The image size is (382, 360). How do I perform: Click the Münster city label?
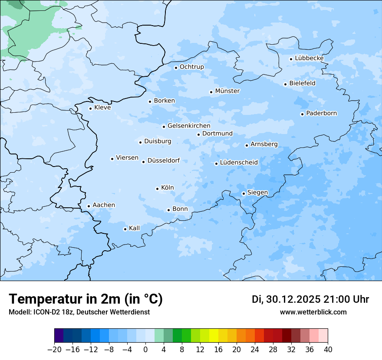(x=227, y=91)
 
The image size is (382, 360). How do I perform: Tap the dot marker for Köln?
(x=157, y=189)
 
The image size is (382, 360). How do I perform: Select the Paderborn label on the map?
(x=321, y=114)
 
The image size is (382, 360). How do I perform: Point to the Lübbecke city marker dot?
(x=291, y=59)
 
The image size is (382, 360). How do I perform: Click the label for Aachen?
(x=104, y=205)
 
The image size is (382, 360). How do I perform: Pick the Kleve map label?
(x=102, y=108)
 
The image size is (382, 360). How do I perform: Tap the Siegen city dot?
(x=244, y=193)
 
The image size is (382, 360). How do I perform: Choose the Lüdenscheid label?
(x=239, y=163)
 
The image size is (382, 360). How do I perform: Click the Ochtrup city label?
(x=192, y=67)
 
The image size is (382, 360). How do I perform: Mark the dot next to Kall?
(x=125, y=229)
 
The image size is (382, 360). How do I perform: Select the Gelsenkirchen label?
(x=189, y=126)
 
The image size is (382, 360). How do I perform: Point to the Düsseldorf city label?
(x=164, y=160)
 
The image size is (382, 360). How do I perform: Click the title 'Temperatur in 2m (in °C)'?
(x=86, y=299)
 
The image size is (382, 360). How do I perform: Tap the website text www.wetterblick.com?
(x=313, y=312)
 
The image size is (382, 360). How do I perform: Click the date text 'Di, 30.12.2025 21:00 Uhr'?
(x=310, y=299)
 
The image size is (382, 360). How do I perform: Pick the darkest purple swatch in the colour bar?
(x=59, y=335)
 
